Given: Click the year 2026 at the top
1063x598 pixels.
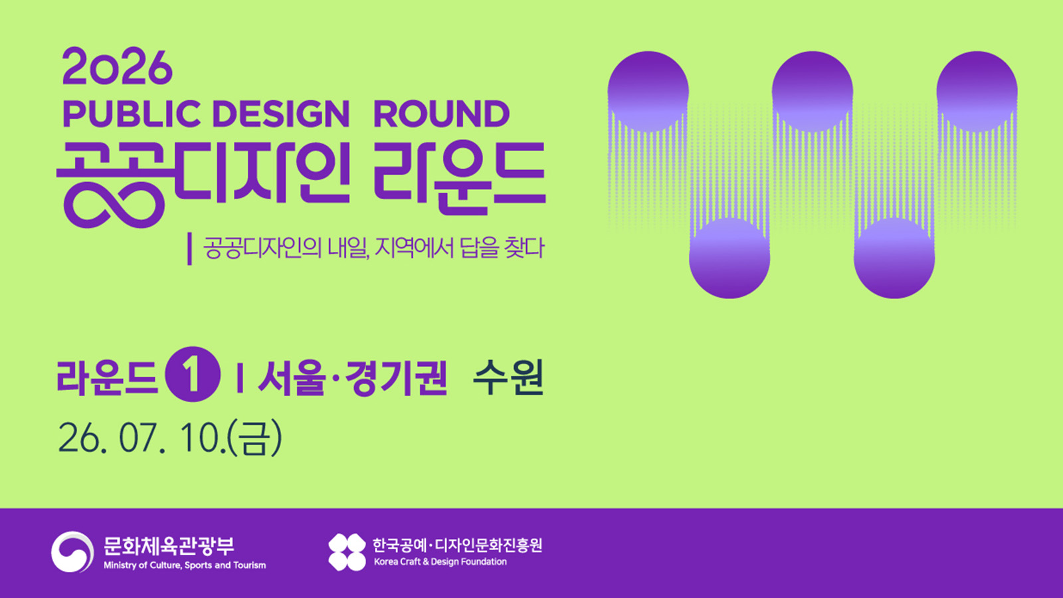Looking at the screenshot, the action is tap(117, 67).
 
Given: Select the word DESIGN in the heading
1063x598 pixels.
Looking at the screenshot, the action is tap(281, 114).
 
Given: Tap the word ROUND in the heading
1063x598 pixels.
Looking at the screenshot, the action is tap(441, 114).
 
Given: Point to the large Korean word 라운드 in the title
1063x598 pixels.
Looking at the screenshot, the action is tap(459, 177).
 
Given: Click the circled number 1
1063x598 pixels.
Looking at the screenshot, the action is tap(192, 375).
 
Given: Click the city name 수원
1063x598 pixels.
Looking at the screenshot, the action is tap(508, 377).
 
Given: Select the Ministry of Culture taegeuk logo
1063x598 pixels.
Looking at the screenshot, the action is tap(72, 551).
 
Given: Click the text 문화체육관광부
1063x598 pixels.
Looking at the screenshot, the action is tap(169, 546).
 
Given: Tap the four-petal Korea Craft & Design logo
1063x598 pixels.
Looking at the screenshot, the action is tap(347, 552).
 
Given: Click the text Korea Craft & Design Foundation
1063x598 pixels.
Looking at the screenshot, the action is tap(440, 562).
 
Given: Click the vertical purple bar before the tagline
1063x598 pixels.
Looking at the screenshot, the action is tap(190, 249).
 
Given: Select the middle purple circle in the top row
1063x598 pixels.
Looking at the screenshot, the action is tap(813, 92).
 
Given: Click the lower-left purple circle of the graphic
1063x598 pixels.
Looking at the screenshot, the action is tap(729, 258).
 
